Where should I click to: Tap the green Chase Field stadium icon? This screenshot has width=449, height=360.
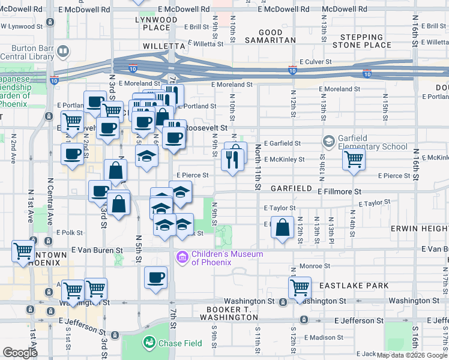coord(148,343)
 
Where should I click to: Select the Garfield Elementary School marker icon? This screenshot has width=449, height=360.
coord(328,142)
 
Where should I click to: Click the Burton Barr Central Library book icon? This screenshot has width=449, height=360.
coord(62,51)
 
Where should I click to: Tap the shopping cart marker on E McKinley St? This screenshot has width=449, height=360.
coord(354,159)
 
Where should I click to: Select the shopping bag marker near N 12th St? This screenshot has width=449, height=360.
coord(282,228)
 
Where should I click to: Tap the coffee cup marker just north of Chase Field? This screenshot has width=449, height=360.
coord(156,278)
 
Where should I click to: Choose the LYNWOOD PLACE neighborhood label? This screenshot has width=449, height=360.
coord(157,23)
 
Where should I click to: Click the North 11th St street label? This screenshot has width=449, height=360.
coord(258,167)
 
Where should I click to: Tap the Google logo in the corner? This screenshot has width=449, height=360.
coord(20,353)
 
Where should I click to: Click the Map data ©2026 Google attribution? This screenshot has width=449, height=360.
coord(411,356)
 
